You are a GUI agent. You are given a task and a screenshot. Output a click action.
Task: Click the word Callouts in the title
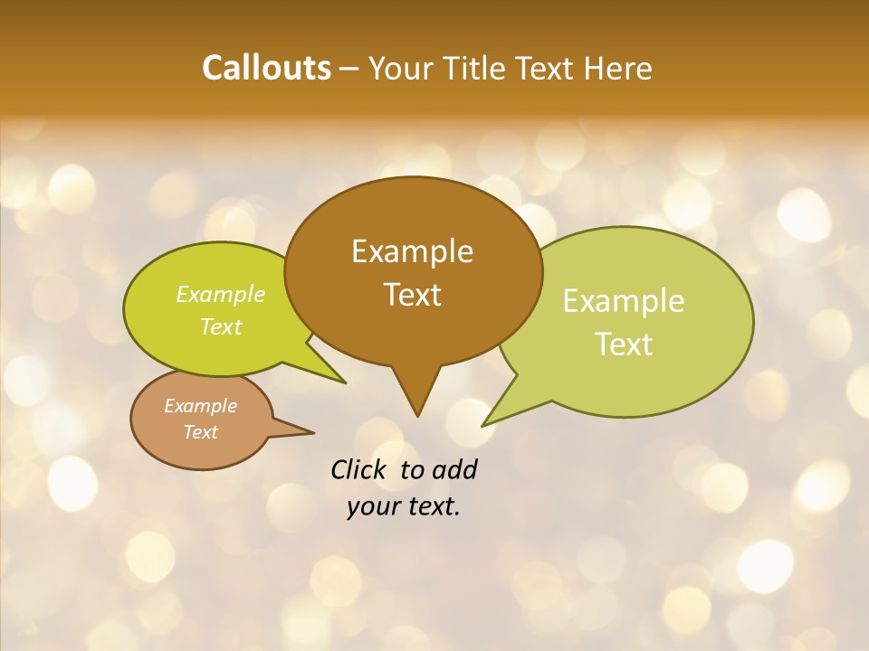[266, 68]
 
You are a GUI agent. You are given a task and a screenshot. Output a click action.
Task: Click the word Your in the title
[404, 68]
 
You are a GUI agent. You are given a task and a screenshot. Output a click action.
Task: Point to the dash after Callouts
[350, 69]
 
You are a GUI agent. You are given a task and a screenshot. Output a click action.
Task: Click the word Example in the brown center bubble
[412, 251]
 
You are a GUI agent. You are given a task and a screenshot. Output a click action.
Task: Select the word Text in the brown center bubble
[412, 295]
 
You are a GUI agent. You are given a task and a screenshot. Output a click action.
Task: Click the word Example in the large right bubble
[624, 301]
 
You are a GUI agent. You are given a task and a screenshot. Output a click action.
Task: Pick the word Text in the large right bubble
[624, 344]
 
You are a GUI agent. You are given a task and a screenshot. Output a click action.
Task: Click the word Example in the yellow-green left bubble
[221, 295]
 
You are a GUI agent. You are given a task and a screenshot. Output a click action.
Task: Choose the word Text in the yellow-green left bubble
[221, 326]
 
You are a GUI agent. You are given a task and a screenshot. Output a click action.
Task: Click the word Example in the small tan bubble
[200, 406]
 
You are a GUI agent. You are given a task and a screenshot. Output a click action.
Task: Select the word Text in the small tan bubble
[200, 432]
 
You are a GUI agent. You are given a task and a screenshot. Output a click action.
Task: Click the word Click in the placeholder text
[359, 470]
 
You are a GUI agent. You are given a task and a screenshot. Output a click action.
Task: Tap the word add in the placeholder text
[454, 470]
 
